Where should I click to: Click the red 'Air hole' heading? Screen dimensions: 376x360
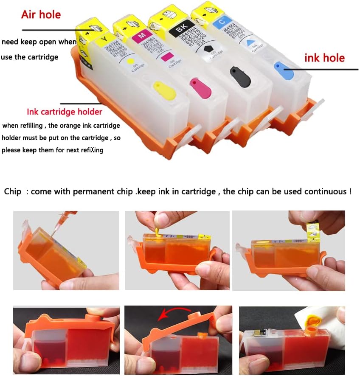(41, 14)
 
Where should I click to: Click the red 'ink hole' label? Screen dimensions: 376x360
(324, 58)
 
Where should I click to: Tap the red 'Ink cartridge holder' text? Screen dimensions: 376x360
(65, 112)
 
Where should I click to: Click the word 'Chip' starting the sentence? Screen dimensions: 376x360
(12, 191)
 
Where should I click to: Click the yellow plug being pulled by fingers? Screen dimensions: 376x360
(157, 231)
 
